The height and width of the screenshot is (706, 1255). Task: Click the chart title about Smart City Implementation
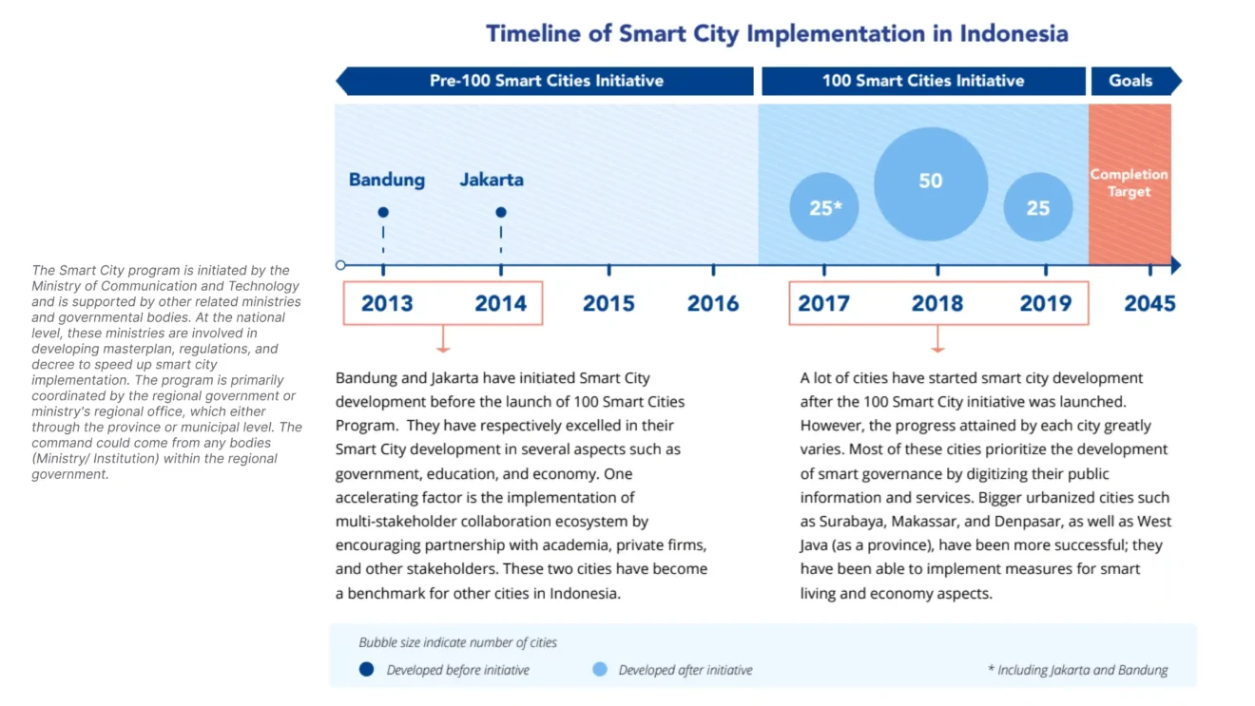pyautogui.click(x=777, y=34)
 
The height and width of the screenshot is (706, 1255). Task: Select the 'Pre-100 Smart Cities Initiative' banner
pyautogui.click(x=546, y=81)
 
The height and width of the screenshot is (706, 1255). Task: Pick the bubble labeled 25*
pyautogui.click(x=824, y=207)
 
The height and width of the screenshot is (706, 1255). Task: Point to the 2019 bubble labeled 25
pyautogui.click(x=1038, y=207)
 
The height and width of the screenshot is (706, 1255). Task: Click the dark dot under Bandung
pyautogui.click(x=383, y=213)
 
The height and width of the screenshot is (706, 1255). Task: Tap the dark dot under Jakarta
pyautogui.click(x=501, y=213)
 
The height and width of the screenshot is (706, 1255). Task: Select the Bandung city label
pyautogui.click(x=387, y=180)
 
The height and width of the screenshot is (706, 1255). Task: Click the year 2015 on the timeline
pyautogui.click(x=608, y=303)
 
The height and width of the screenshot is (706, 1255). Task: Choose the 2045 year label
pyautogui.click(x=1149, y=303)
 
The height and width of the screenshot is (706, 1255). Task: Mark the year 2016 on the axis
pyautogui.click(x=713, y=303)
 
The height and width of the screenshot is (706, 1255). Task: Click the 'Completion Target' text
pyautogui.click(x=1129, y=182)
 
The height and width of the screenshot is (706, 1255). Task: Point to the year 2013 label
pyautogui.click(x=387, y=303)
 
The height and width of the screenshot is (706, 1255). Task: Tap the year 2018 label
pyautogui.click(x=937, y=303)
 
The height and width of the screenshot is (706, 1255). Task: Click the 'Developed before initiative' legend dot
pyautogui.click(x=366, y=670)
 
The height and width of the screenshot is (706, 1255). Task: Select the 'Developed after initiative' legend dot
pyautogui.click(x=599, y=670)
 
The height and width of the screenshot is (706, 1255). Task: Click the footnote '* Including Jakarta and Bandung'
pyautogui.click(x=1077, y=670)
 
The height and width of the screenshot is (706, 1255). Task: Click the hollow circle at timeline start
pyautogui.click(x=341, y=265)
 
